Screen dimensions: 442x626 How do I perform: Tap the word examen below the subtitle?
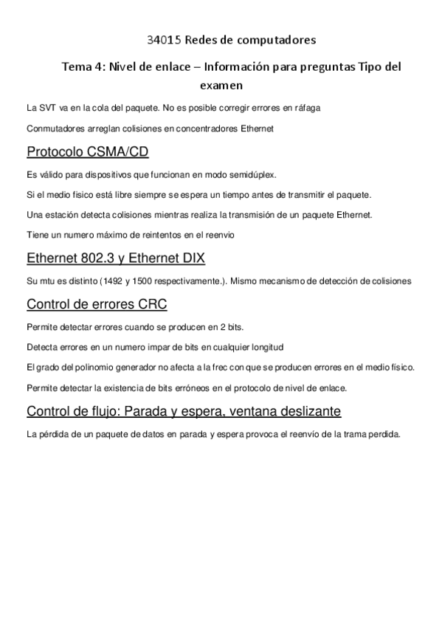pos(221,86)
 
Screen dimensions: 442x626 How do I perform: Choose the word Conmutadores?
pos(53,128)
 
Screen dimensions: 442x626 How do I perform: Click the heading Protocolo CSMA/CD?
pos(87,152)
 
